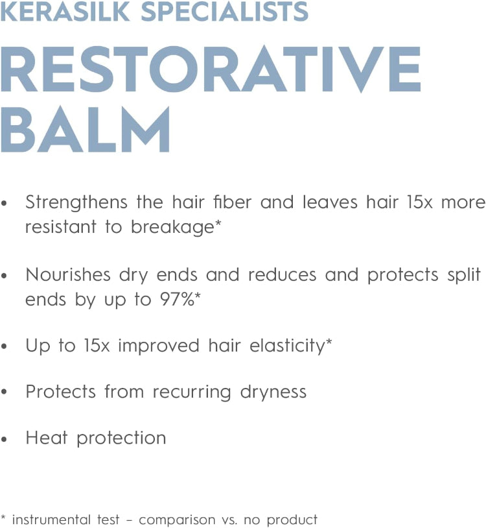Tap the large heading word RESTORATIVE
tap(211, 71)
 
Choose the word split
tap(463, 275)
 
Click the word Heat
tap(46, 438)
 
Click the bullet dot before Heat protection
tap(5, 439)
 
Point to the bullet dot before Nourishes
tap(5, 276)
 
